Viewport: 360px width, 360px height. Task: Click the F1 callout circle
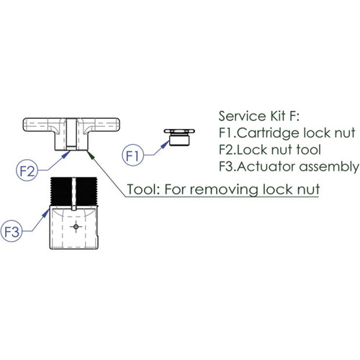click(x=134, y=154)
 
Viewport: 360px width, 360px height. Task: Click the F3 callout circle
click(x=12, y=232)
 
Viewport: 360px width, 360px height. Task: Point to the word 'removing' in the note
click(x=224, y=190)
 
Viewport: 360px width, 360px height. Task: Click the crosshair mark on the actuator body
click(x=76, y=227)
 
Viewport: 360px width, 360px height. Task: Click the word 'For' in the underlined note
click(x=178, y=190)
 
